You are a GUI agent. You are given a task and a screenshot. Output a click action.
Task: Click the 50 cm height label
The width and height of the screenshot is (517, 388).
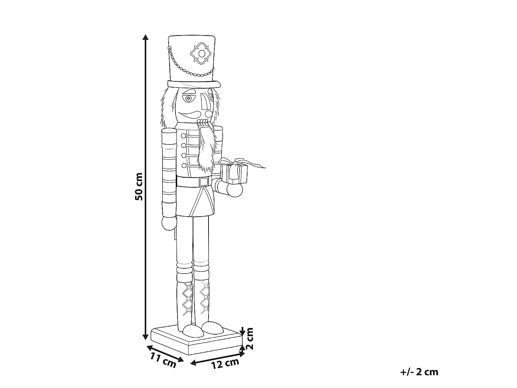[139, 186]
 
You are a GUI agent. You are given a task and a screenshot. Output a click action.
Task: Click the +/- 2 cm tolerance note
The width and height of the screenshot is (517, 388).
[419, 372]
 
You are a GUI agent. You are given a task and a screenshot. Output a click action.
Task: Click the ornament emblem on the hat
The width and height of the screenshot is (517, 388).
[201, 53]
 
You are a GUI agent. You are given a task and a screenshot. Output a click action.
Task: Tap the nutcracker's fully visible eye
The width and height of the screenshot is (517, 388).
[189, 98]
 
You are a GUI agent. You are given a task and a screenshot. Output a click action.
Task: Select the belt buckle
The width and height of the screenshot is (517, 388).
[204, 182]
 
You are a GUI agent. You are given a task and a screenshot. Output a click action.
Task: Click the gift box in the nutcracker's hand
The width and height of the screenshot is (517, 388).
[235, 174]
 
